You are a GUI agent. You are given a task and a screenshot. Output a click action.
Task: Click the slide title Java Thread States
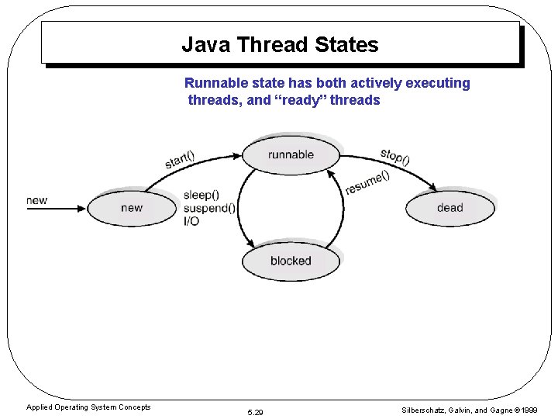coord(280,45)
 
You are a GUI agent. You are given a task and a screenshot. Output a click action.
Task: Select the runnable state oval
coord(291,154)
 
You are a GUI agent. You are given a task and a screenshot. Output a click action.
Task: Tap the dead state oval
coord(449,207)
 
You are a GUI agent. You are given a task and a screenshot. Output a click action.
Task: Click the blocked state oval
coord(291,261)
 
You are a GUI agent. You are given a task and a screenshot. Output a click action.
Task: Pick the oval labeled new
coord(132,207)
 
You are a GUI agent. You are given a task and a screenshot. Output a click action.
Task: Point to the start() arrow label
coord(180,158)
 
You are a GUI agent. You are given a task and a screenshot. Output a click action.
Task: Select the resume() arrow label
coord(367,183)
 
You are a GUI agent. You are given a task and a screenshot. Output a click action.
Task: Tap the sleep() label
coord(201,195)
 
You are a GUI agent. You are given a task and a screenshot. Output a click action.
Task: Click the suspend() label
coord(209,208)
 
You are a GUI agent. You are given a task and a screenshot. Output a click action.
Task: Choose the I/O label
coord(191,221)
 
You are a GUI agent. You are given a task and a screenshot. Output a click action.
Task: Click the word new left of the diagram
coord(36,200)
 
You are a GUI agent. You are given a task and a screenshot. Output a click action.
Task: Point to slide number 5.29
coord(255,412)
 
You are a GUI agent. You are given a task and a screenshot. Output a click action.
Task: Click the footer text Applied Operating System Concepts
coord(88,407)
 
